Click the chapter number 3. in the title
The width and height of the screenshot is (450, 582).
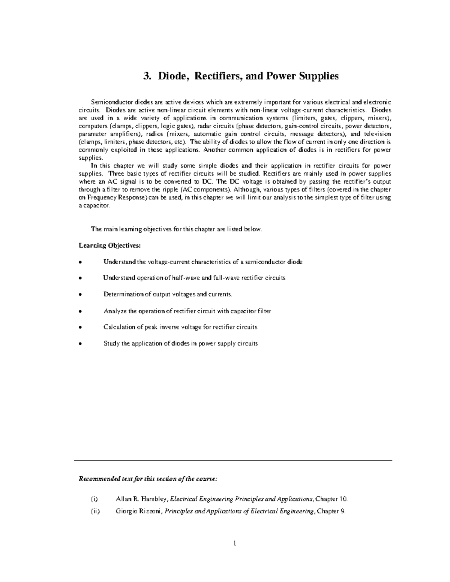click(x=147, y=76)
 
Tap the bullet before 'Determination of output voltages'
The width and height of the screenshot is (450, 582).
click(x=80, y=295)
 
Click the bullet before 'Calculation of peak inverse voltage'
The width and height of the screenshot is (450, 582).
click(x=80, y=327)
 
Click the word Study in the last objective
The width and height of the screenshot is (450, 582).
click(x=111, y=343)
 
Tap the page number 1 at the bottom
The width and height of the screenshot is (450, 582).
click(x=234, y=543)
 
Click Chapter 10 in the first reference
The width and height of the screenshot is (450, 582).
click(x=331, y=499)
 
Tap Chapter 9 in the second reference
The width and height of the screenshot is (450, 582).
click(x=331, y=511)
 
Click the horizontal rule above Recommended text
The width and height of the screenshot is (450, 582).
click(x=233, y=461)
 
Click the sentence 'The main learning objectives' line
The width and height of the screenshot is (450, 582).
click(x=176, y=229)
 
